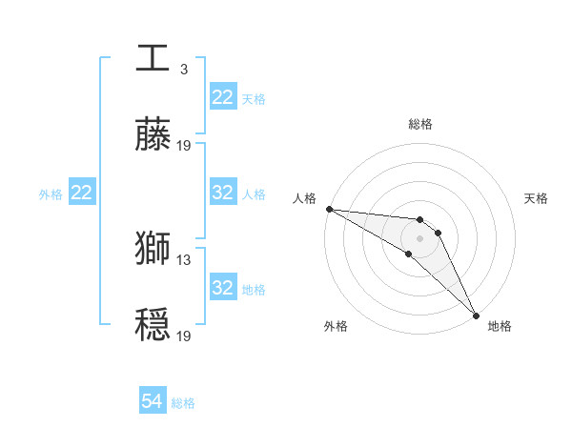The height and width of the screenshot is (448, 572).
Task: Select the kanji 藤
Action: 153,136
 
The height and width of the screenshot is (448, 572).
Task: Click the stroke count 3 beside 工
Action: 184,69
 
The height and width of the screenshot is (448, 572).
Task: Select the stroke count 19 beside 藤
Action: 184,146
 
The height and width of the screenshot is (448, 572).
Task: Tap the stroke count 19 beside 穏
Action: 184,336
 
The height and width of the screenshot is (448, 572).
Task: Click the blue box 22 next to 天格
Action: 223,97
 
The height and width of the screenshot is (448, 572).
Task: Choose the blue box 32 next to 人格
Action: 223,193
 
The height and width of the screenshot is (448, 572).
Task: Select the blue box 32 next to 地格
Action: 223,288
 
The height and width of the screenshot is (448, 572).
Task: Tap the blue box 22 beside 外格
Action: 82,193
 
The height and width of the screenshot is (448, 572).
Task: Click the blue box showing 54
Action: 153,402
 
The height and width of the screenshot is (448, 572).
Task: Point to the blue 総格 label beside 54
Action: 183,403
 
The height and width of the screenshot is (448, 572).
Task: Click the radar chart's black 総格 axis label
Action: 420,124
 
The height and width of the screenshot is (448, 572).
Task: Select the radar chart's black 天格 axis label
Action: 537,198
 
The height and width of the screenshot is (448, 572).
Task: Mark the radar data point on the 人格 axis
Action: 329,209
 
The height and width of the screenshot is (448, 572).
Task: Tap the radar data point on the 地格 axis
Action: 476,315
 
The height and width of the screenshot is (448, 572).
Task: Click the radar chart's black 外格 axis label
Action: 336,327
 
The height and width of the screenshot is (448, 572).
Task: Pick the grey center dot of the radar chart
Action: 420,238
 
